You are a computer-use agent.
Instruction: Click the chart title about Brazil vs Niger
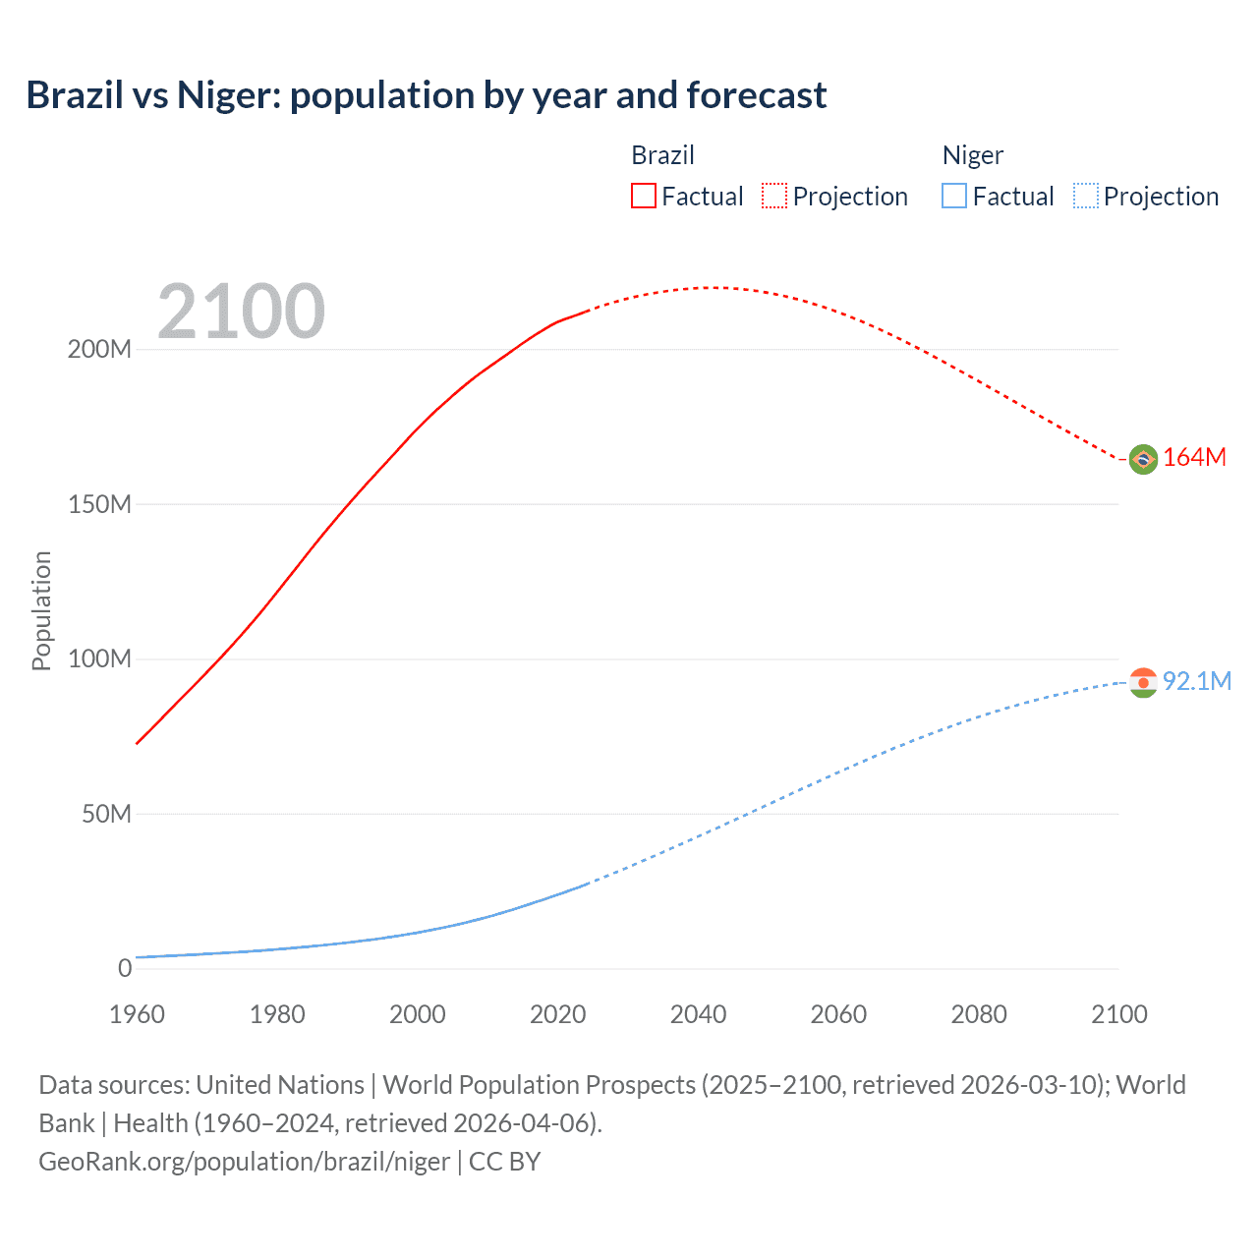[426, 95]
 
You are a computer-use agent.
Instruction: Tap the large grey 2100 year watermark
[241, 312]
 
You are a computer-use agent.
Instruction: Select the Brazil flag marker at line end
[1143, 459]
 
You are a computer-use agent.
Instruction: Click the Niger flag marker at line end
[1143, 682]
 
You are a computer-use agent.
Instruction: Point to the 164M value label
[1194, 458]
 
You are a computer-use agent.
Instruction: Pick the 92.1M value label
[1196, 681]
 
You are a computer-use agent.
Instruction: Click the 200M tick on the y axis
[99, 350]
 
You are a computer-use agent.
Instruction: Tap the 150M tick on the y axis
[99, 504]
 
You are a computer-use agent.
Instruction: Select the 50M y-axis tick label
[106, 814]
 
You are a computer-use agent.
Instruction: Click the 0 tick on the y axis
[125, 968]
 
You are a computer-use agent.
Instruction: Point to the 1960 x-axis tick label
[137, 1014]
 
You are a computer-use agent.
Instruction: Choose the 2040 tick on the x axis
[698, 1014]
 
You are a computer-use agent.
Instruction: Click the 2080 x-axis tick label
[979, 1014]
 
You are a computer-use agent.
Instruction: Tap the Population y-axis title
[41, 610]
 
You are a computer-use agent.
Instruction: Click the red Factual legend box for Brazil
[643, 197]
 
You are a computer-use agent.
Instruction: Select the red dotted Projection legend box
[774, 197]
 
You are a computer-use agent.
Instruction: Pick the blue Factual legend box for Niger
[954, 197]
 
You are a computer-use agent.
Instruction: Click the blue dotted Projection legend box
[1086, 197]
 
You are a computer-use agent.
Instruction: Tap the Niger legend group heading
[972, 155]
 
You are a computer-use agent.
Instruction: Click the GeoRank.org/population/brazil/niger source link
[244, 1162]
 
